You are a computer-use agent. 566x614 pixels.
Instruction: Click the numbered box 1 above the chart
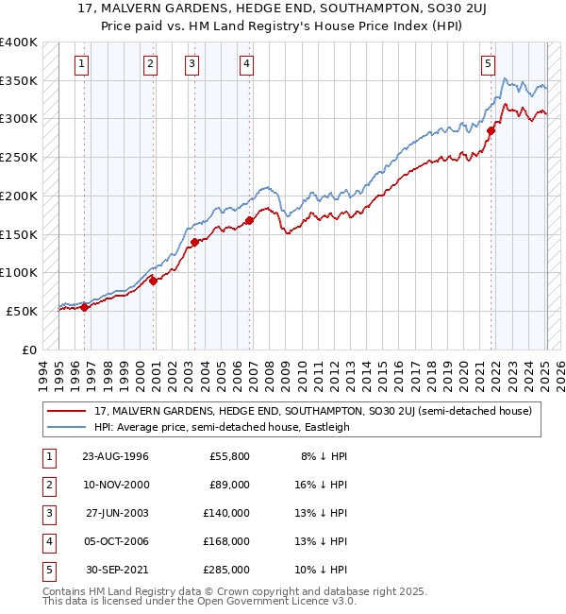(x=83, y=64)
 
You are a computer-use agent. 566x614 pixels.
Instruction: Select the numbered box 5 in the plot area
(x=488, y=64)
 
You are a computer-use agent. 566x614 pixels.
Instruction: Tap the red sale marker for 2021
(x=491, y=131)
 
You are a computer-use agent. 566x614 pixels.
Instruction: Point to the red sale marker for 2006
(x=250, y=221)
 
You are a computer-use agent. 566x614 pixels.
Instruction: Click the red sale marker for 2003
(x=194, y=242)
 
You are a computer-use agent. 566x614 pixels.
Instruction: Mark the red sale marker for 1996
(x=84, y=307)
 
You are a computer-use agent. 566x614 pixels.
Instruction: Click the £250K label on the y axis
(x=19, y=157)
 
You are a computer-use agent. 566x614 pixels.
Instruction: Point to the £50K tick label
(x=23, y=311)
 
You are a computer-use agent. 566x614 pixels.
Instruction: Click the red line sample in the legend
(x=68, y=411)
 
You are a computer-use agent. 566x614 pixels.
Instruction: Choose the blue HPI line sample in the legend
(x=68, y=427)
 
